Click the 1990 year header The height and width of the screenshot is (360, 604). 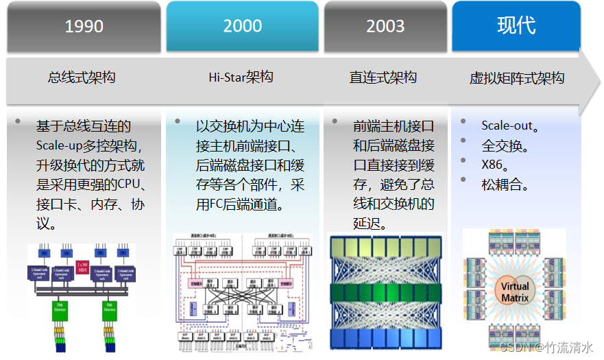coord(84,26)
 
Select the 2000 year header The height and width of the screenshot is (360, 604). coord(242,26)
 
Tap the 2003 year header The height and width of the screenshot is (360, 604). coord(385,26)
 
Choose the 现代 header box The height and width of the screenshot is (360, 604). coord(516,26)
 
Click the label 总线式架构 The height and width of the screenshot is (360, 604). coord(82,77)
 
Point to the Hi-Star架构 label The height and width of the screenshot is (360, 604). coord(241,77)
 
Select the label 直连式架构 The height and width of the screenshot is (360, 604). coord(383,77)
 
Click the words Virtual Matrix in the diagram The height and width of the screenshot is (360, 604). coord(515,291)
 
